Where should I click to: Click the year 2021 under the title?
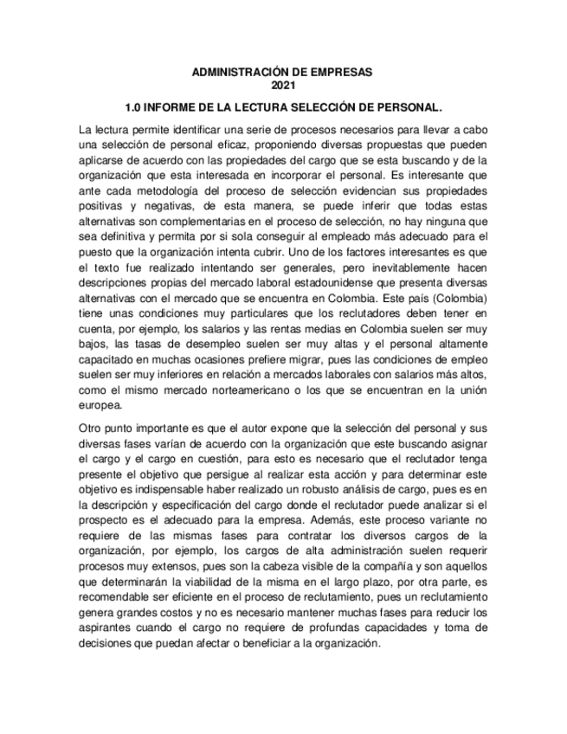283,85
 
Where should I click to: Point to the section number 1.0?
134,108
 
